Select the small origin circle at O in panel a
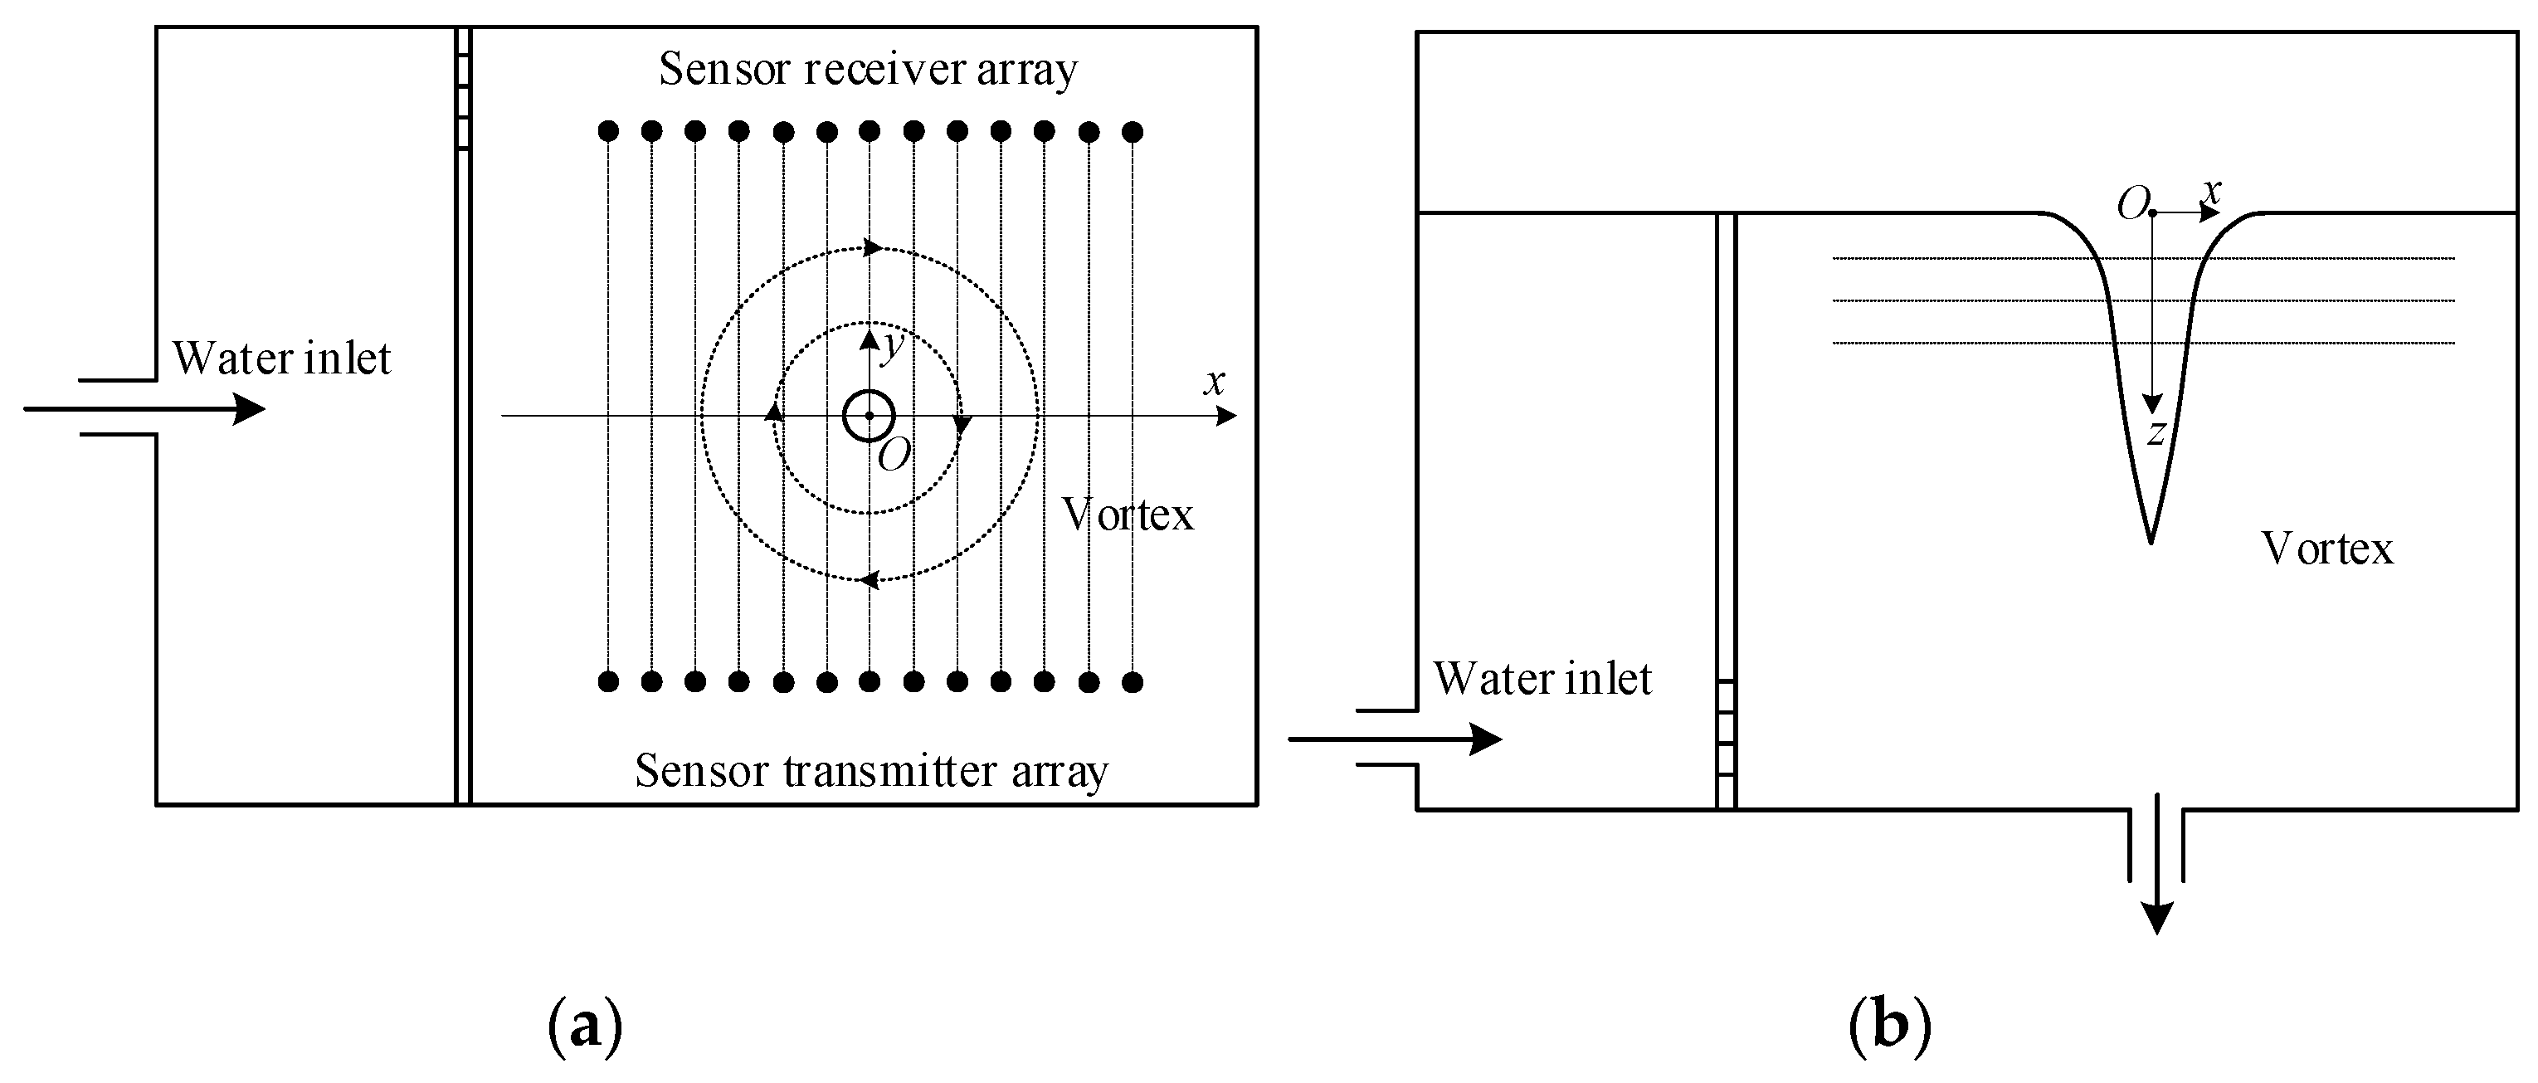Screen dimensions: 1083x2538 coord(868,416)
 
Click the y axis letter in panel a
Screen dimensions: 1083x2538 coord(893,345)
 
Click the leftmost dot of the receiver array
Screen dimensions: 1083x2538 coord(609,131)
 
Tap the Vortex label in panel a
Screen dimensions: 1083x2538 coord(1127,515)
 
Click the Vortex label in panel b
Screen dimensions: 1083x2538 coord(2327,549)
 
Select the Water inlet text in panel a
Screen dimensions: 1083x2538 coord(282,359)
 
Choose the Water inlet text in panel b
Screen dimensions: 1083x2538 coord(1542,679)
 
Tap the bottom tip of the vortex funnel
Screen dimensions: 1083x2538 coord(2150,539)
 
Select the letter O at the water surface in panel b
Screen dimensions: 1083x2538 coord(2132,205)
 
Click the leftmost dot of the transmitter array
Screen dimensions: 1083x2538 coord(609,681)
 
